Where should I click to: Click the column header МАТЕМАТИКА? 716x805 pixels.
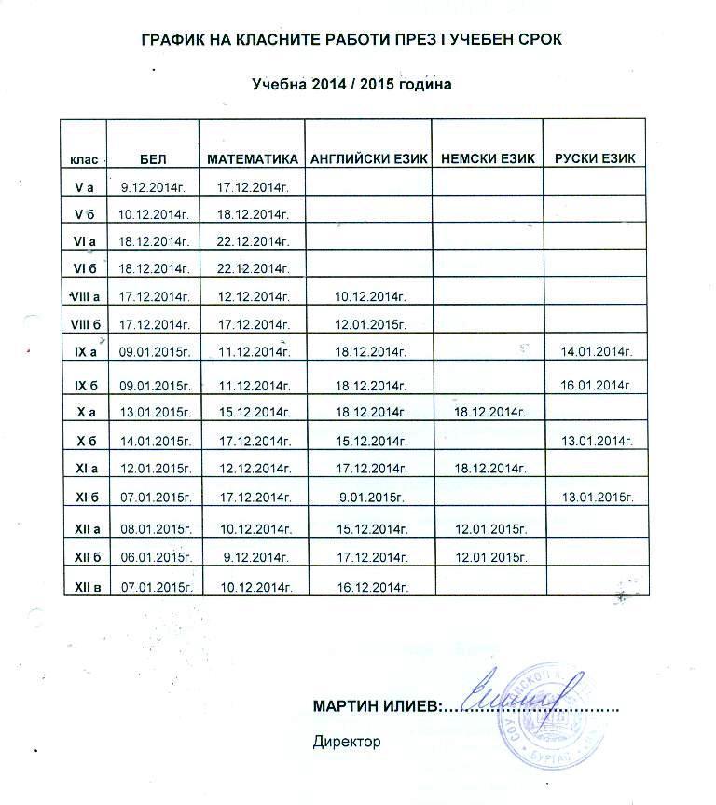tap(252, 159)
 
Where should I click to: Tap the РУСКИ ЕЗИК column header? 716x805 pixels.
tap(595, 159)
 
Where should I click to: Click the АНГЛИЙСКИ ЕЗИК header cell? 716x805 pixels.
tap(368, 159)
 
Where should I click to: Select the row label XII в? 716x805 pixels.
tap(84, 586)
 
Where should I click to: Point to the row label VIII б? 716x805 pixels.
tap(84, 324)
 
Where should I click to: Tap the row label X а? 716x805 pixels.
tap(84, 411)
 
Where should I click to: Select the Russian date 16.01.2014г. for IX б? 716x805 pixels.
tap(597, 385)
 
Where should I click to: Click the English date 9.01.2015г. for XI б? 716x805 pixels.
tap(372, 497)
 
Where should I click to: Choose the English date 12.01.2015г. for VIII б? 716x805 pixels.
tap(372, 325)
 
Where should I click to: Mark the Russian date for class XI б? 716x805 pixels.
tap(597, 497)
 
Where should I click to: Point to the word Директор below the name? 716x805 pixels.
tap(348, 743)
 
